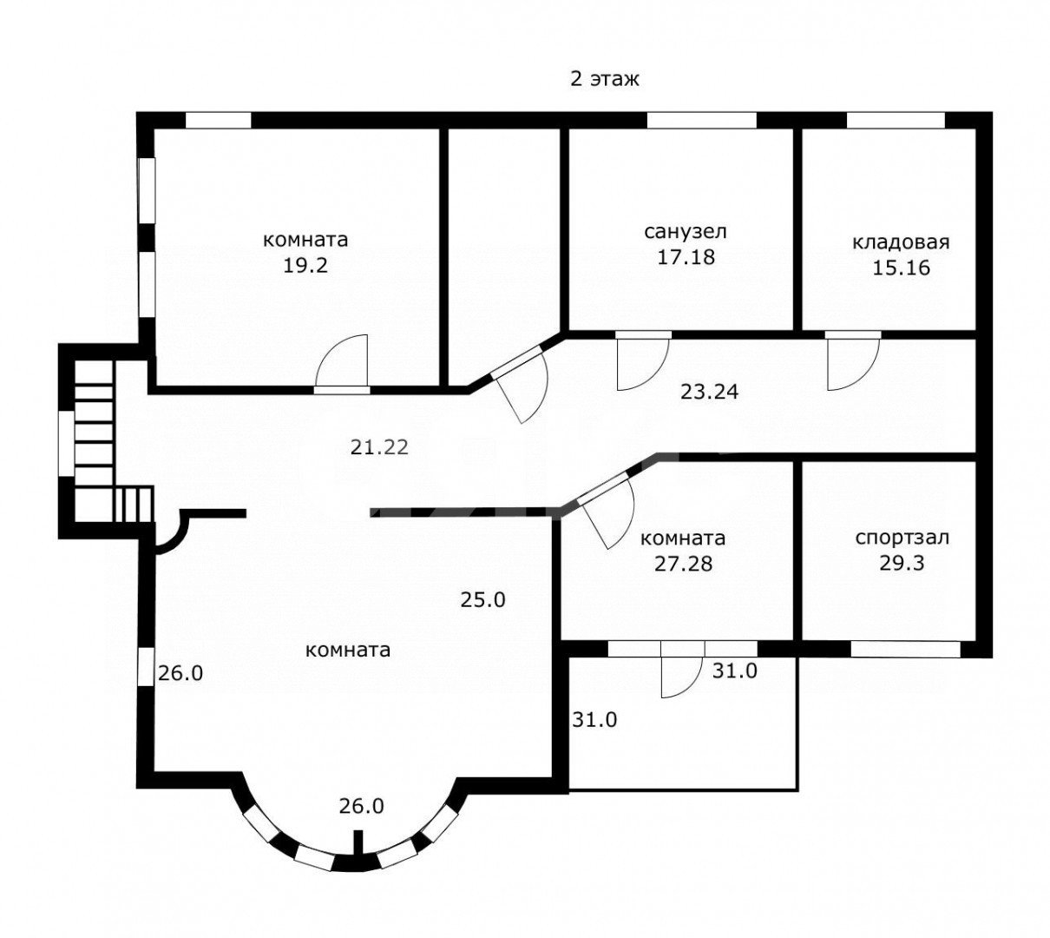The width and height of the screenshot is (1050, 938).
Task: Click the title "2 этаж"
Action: [605, 79]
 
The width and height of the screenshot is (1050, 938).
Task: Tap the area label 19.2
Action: [305, 266]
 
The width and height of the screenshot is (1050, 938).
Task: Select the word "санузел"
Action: [686, 231]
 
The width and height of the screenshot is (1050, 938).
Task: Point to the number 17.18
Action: [686, 257]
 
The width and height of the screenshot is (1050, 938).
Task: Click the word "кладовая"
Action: [901, 242]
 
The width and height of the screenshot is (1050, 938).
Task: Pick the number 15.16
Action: [902, 268]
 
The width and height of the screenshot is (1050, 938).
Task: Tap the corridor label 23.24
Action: [709, 392]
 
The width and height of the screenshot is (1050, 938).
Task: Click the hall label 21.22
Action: [379, 446]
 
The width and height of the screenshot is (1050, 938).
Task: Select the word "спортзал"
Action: [902, 538]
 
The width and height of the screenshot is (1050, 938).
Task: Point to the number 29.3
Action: [902, 563]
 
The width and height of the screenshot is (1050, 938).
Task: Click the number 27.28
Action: [683, 564]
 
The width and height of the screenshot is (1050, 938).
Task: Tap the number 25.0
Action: [482, 600]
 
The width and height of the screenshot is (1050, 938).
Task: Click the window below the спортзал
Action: [906, 649]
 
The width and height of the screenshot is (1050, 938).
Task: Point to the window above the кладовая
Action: [896, 121]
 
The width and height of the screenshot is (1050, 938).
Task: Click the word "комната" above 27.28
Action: [683, 538]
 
